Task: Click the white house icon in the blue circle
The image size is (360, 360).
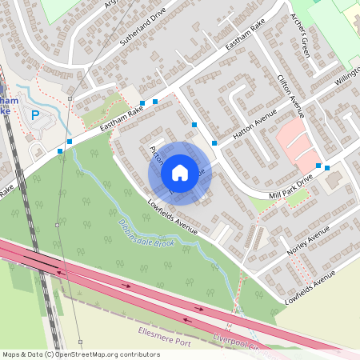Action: coord(180,172)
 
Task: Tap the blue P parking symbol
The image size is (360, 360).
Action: coord(34,115)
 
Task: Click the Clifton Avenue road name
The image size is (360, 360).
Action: coord(290,94)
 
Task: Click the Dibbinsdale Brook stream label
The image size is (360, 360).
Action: coord(146,233)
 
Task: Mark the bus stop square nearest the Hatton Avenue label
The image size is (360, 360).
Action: coord(214,142)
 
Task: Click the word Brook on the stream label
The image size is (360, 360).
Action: coord(164,241)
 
